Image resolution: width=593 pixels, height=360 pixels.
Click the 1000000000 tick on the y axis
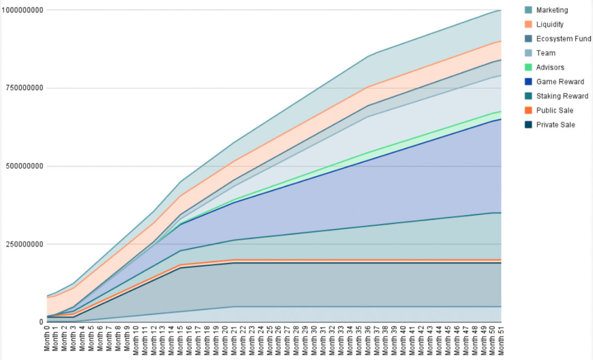[x=23, y=10]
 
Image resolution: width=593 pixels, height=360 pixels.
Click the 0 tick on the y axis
[x=42, y=322]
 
